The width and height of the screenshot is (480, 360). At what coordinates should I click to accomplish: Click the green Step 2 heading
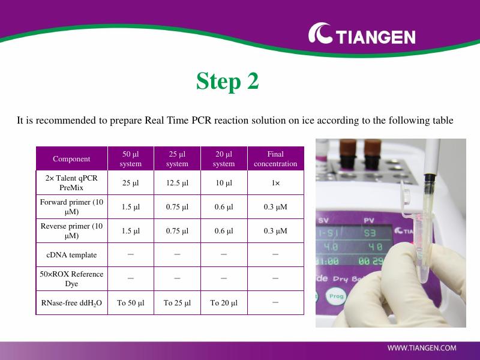tap(227, 81)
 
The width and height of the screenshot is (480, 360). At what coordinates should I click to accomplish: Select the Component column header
tap(71, 158)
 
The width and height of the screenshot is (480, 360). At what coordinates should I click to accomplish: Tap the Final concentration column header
tap(275, 158)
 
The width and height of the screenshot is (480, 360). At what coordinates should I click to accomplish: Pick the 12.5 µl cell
tap(177, 183)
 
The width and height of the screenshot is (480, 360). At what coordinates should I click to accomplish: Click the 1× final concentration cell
tap(275, 183)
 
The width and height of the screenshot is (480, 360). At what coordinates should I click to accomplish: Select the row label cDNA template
tap(71, 254)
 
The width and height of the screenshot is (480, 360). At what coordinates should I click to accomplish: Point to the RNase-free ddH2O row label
tap(71, 303)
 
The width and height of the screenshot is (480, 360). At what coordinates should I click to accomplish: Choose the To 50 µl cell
tap(131, 303)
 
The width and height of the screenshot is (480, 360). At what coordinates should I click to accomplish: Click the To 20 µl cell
tap(224, 303)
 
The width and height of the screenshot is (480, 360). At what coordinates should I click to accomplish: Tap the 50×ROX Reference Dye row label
tap(71, 278)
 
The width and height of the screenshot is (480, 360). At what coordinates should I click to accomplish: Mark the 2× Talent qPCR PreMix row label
tap(71, 183)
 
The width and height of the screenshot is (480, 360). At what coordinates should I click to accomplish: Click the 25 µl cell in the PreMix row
tap(131, 183)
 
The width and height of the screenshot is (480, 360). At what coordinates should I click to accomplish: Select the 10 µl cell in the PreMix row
tap(224, 183)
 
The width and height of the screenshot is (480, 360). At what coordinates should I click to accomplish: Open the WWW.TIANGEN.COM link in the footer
tap(422, 348)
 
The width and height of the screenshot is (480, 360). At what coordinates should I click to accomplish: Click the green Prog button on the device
tap(336, 296)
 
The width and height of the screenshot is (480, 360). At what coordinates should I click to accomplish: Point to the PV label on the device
tap(369, 220)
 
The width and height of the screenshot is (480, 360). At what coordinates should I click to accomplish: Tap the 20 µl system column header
tap(224, 158)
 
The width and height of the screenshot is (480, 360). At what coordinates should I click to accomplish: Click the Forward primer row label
tap(71, 206)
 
